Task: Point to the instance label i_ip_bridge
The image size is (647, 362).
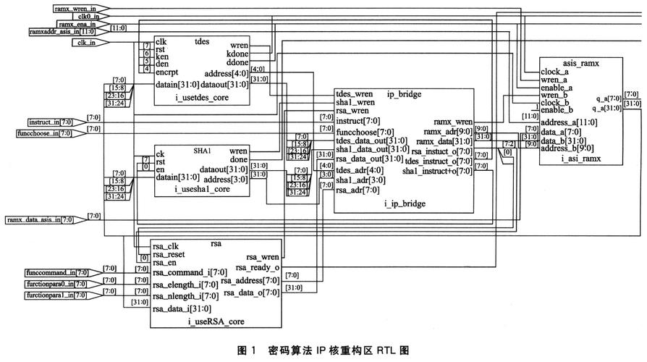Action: (405, 204)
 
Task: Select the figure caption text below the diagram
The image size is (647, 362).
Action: (323, 350)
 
